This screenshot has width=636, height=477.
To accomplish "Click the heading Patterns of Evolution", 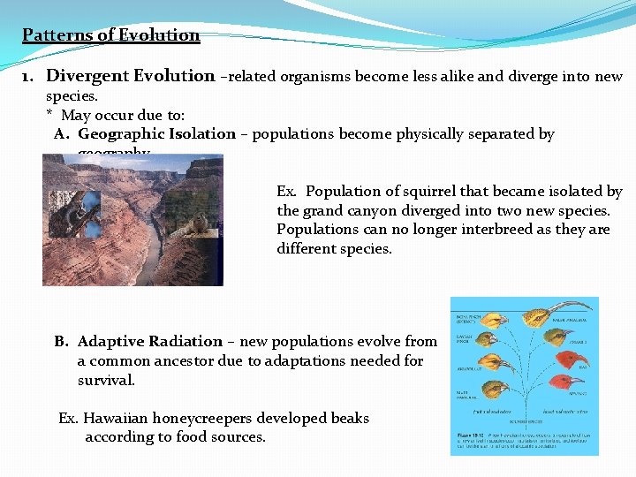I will click(111, 35).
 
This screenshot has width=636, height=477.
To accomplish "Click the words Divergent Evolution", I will click(130, 76).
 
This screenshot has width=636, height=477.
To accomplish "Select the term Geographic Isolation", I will click(156, 134).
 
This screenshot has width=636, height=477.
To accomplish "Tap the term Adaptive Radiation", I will click(149, 341).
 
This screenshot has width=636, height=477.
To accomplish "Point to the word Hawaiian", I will click(116, 418).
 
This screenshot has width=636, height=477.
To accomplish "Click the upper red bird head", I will click(560, 357).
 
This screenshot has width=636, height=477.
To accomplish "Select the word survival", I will click(106, 380).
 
